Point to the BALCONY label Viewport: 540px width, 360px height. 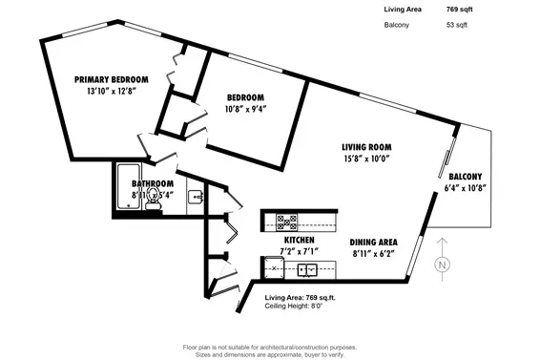coord(466,176)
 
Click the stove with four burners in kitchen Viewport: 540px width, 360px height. coord(287,222)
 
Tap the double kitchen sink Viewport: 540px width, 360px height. coord(307,269)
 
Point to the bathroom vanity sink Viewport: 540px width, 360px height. coord(195,198)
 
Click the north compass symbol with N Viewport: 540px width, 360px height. coord(441,265)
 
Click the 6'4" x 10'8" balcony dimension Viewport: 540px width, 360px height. coord(466,187)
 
